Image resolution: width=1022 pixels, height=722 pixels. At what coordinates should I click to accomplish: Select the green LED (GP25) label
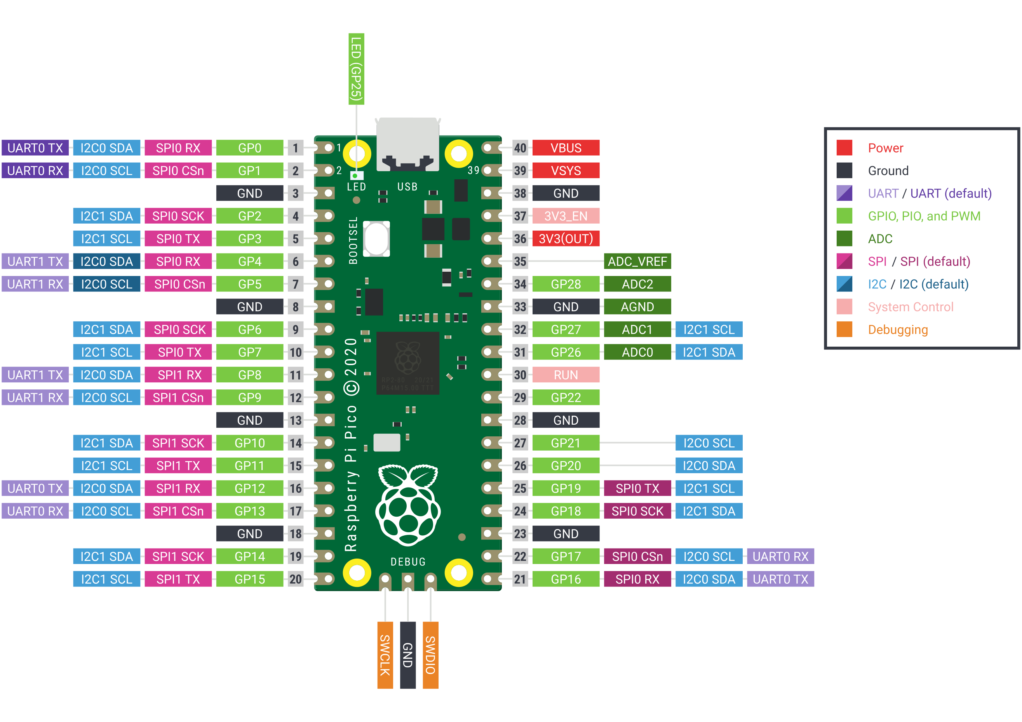356,69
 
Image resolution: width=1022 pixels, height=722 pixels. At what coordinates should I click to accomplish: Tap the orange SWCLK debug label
385,655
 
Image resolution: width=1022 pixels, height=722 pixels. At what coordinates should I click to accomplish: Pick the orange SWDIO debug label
430,655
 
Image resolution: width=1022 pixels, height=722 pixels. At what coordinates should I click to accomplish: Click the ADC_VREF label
637,261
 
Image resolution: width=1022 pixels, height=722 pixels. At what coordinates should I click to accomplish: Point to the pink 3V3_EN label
566,216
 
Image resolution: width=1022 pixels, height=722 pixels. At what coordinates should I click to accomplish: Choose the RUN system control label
566,375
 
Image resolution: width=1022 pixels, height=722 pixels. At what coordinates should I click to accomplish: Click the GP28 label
566,284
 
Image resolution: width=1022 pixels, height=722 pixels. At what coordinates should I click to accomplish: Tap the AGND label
637,307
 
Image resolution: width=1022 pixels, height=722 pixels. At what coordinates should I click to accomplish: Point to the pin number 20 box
296,579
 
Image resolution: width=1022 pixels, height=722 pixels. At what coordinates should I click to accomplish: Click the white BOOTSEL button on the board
376,238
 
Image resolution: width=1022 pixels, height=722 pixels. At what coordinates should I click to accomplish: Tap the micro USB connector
408,144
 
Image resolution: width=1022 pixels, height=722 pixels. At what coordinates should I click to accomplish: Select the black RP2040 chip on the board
408,363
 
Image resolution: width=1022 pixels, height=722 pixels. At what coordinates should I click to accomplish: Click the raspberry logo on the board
408,505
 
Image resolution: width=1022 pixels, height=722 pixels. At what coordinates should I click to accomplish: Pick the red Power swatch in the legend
844,148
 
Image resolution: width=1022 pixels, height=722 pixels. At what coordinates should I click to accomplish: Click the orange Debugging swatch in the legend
844,329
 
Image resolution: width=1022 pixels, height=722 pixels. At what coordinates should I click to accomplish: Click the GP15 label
250,579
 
